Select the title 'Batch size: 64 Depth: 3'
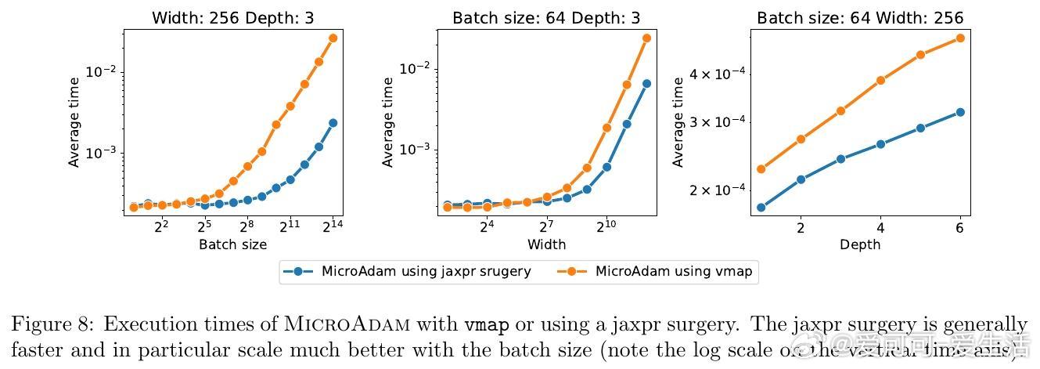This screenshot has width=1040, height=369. (x=546, y=16)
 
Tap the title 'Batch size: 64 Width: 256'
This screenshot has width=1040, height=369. (x=860, y=16)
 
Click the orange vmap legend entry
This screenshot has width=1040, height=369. (x=656, y=272)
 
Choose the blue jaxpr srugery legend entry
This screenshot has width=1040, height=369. (x=407, y=272)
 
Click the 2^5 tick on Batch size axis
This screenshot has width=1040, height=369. (x=204, y=227)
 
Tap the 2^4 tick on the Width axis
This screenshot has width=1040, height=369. (x=487, y=227)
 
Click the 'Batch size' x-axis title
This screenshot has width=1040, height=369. (x=232, y=244)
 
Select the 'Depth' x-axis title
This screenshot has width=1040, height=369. (x=860, y=244)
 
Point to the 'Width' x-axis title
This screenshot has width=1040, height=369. (x=546, y=244)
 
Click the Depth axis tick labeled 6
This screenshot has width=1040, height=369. (x=959, y=228)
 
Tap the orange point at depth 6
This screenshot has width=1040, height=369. (x=960, y=38)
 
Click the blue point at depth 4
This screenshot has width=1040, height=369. (x=880, y=144)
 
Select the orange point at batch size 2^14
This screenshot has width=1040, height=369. (x=333, y=38)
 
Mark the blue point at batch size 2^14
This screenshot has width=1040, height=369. (x=333, y=123)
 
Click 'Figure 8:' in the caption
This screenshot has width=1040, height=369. (x=52, y=324)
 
